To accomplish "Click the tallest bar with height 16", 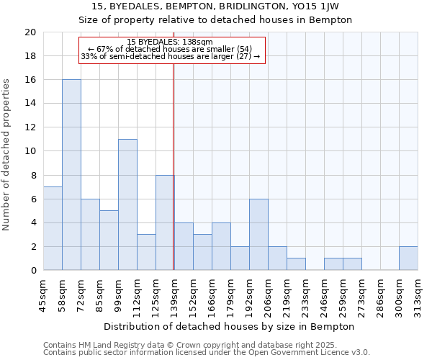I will [71, 175].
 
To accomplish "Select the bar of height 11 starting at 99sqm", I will [127, 204].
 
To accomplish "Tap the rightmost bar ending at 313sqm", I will [408, 258].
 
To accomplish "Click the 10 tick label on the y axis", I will [30, 151].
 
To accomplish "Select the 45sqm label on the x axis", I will [43, 296].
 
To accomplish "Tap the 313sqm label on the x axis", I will [418, 296].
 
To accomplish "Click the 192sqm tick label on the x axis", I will [249, 296].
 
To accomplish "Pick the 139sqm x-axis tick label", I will [174, 296].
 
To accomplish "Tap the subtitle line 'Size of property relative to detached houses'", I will [215, 19].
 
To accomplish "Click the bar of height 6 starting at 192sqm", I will [258, 235].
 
